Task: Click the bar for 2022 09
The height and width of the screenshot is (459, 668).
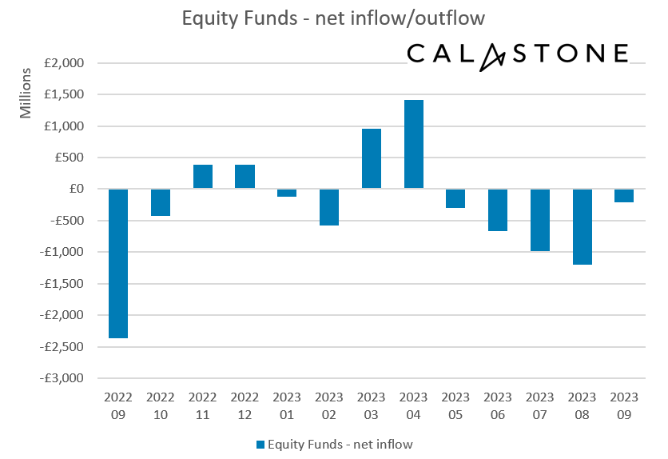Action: pyautogui.click(x=118, y=263)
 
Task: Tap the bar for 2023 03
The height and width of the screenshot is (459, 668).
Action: pyautogui.click(x=372, y=158)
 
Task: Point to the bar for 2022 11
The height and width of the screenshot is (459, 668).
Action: pyautogui.click(x=203, y=177)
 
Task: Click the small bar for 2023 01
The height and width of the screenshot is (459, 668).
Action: pyautogui.click(x=287, y=193)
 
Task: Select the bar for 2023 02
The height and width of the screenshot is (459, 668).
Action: pyautogui.click(x=329, y=207)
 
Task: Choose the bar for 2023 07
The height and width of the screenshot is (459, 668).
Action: pyautogui.click(x=539, y=220)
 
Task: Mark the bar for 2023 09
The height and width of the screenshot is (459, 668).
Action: pyautogui.click(x=624, y=196)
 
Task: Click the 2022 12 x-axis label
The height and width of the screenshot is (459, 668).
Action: pyautogui.click(x=245, y=403)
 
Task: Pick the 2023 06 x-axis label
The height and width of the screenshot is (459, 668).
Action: pyautogui.click(x=498, y=403)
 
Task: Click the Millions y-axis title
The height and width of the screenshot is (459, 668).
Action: pyautogui.click(x=26, y=94)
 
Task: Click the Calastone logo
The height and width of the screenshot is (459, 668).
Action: pyautogui.click(x=517, y=54)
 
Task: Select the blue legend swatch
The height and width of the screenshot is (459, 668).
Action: pyautogui.click(x=259, y=444)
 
